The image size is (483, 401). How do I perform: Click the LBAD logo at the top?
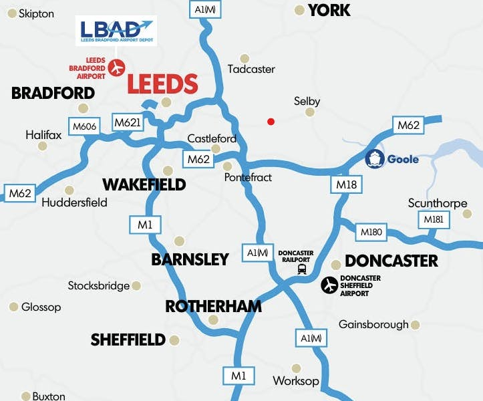(116, 31)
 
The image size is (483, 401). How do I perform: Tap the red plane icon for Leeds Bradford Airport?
(118, 68)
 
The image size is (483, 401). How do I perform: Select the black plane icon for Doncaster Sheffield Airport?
(329, 285)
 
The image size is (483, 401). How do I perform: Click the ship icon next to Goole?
(375, 159)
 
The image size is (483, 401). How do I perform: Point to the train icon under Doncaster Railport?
(302, 269)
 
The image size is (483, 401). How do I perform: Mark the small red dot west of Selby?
(271, 122)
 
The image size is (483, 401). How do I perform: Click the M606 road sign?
(85, 126)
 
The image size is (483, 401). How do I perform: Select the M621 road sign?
(127, 122)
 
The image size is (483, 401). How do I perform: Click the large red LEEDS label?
(162, 84)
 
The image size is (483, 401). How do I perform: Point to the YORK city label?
(329, 10)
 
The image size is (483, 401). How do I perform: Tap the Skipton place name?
(36, 13)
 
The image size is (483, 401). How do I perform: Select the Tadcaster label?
(251, 70)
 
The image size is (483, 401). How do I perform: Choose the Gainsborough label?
(373, 325)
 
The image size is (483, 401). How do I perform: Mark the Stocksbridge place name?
(99, 286)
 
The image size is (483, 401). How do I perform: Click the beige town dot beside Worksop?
(297, 368)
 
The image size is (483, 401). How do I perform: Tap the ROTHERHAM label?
(213, 306)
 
